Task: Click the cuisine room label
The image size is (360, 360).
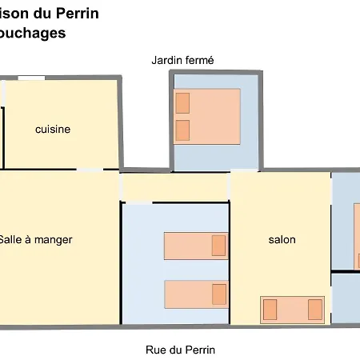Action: (53, 129)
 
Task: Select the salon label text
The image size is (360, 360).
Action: (282, 239)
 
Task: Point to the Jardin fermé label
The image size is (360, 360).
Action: (183, 60)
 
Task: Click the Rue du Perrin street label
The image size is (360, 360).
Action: (180, 350)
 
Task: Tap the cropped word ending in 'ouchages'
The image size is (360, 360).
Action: (33, 34)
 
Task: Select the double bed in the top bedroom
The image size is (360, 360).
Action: (207, 116)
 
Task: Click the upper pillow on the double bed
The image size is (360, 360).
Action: (182, 102)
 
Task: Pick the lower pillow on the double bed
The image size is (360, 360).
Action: (182, 130)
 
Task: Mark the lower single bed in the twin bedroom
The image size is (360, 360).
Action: (195, 294)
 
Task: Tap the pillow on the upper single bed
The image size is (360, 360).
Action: (218, 246)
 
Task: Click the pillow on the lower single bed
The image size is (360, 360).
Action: (218, 294)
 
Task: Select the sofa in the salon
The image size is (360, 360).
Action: (292, 309)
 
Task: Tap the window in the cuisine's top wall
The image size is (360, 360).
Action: (31, 77)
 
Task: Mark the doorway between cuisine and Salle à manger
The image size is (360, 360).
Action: (90, 170)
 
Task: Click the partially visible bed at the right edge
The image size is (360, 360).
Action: (357, 237)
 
